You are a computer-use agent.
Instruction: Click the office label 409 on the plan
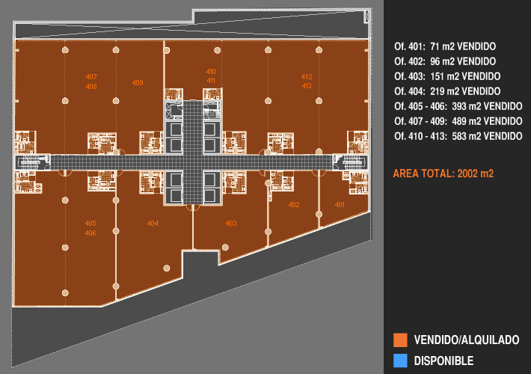click(138, 82)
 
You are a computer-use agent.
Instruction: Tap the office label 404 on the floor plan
click(153, 224)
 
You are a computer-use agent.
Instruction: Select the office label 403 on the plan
click(231, 224)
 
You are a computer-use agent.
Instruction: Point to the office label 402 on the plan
click(294, 205)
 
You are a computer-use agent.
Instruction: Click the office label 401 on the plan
click(340, 205)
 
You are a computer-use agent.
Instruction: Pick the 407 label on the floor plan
click(91, 77)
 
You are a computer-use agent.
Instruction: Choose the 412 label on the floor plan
click(307, 76)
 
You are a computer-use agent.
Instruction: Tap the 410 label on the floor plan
click(211, 71)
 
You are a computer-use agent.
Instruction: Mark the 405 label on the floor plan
click(90, 224)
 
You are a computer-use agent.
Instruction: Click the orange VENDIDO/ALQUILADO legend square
click(400, 340)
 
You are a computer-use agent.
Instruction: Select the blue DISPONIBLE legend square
click(400, 361)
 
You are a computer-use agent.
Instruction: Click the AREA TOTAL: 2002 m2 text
click(443, 174)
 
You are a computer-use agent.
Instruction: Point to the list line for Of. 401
click(445, 46)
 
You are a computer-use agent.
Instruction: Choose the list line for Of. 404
click(447, 91)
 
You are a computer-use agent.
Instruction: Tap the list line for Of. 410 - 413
click(458, 136)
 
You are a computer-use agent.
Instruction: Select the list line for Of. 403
click(447, 76)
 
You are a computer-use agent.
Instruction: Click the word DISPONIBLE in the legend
click(443, 361)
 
